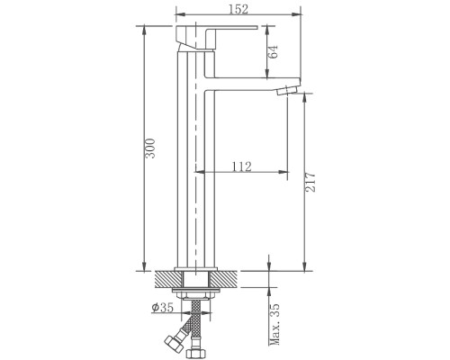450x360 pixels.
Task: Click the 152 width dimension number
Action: pos(238,9)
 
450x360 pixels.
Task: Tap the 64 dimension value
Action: pos(273,51)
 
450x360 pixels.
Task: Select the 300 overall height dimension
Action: pos(150,148)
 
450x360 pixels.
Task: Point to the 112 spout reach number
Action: pos(242,166)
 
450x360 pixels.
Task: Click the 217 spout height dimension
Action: pos(310,182)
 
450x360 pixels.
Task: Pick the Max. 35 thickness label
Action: pos(274,324)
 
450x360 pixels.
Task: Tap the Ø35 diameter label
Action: pos(163,307)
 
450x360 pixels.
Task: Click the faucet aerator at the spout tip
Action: pos(288,90)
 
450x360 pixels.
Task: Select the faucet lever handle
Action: pos(216,32)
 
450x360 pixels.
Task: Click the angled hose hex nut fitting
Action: pos(174,342)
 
